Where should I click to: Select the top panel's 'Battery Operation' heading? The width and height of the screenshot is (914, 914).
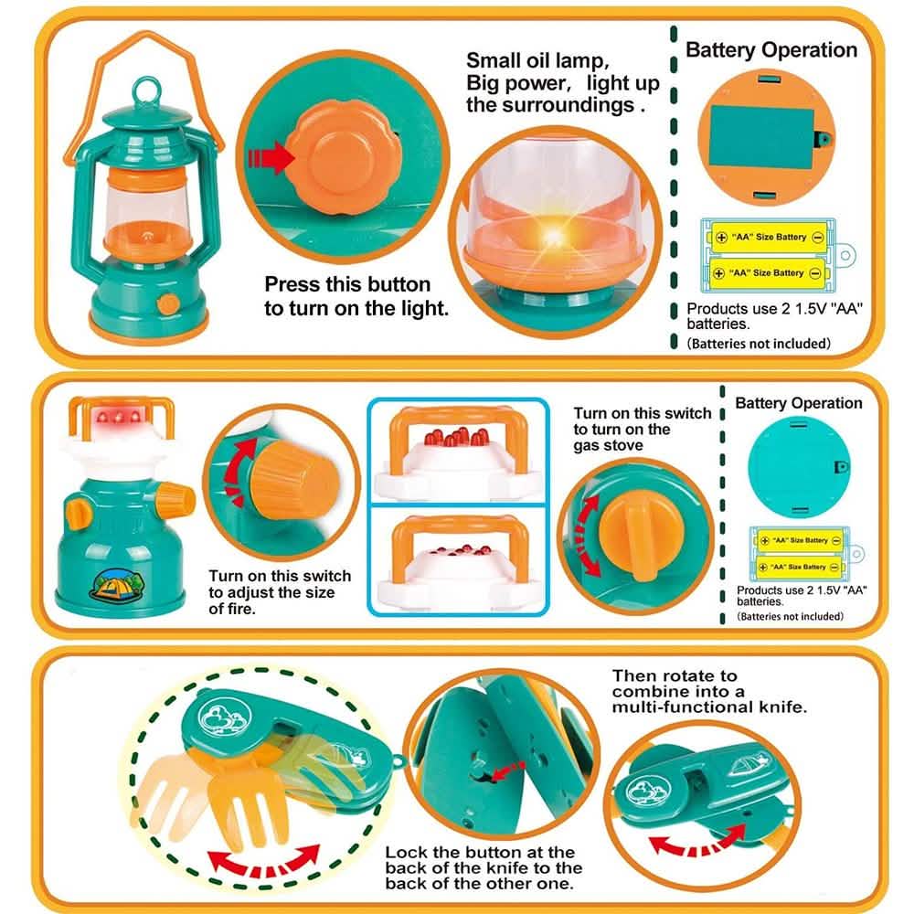pos(771,50)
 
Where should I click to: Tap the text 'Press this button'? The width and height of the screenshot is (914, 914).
pos(346,284)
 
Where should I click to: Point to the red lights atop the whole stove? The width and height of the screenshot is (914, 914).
pos(118,416)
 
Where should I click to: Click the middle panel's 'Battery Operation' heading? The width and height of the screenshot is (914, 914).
pos(798,403)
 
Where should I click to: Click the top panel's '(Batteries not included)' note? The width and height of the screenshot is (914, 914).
pos(758,345)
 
